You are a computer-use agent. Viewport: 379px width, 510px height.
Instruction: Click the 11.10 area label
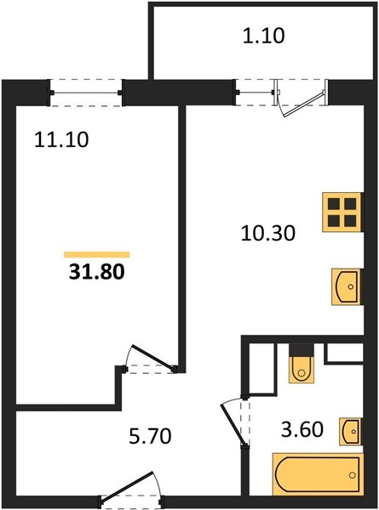click(x=61, y=140)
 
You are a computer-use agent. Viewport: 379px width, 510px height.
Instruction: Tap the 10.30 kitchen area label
click(x=268, y=233)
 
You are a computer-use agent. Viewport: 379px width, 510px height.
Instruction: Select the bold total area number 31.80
click(x=97, y=272)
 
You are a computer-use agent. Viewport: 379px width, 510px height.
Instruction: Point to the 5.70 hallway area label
click(x=150, y=436)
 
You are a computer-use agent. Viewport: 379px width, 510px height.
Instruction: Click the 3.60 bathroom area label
click(x=302, y=429)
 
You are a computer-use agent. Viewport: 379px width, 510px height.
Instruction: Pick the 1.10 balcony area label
click(x=264, y=36)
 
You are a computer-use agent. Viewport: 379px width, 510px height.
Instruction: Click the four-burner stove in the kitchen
click(x=342, y=212)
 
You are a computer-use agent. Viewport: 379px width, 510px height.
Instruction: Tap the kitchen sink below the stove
click(x=347, y=286)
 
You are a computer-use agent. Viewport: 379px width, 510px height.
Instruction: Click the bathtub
click(x=318, y=474)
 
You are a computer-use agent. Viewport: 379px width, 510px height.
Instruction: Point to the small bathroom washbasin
click(x=350, y=431)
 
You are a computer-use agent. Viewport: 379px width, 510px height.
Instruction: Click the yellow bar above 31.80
click(x=97, y=255)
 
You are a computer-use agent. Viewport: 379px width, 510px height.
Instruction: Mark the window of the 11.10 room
click(x=86, y=93)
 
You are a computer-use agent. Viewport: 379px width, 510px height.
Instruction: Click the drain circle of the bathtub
click(x=353, y=475)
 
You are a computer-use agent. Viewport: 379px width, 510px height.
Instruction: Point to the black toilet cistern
click(x=301, y=350)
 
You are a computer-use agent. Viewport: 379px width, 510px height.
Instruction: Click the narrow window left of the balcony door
click(x=255, y=93)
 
